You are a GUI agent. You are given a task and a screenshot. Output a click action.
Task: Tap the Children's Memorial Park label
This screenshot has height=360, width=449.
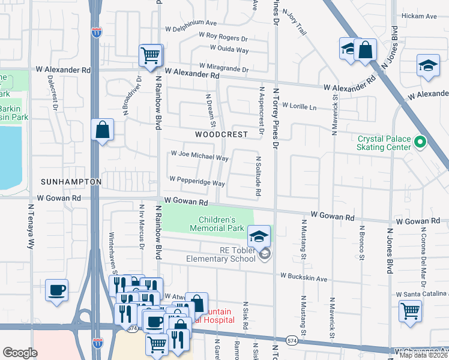click(217, 224)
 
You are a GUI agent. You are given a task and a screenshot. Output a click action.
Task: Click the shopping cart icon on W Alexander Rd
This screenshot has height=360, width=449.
click(151, 56)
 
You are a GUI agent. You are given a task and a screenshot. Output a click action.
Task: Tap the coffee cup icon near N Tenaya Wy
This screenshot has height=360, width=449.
click(57, 290)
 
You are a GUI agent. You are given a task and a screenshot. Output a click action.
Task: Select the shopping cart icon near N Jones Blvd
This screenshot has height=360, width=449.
click(410, 311)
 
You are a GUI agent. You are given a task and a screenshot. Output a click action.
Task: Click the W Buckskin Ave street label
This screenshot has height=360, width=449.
click(303, 278)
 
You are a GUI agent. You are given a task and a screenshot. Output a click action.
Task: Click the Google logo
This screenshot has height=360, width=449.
click(20, 352)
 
